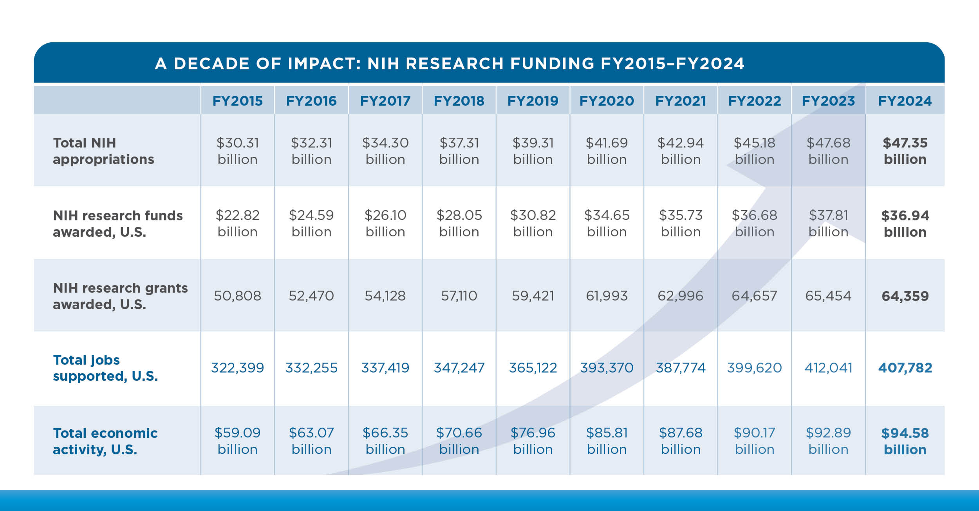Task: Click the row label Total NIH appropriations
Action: [103, 151]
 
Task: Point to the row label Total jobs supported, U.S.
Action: [105, 368]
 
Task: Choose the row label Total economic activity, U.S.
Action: [105, 441]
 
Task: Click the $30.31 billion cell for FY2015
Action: [237, 151]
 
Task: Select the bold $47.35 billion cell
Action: [905, 151]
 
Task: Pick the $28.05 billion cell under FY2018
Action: [459, 224]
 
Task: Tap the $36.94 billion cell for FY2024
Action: [905, 224]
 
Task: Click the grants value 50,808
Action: [237, 296]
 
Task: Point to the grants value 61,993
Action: [607, 296]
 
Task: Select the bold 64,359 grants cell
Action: [905, 296]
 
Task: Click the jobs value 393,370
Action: [607, 368]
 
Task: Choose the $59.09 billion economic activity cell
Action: [237, 441]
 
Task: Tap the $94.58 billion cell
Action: [905, 441]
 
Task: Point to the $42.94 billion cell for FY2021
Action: [681, 151]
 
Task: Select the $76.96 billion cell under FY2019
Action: [533, 441]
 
